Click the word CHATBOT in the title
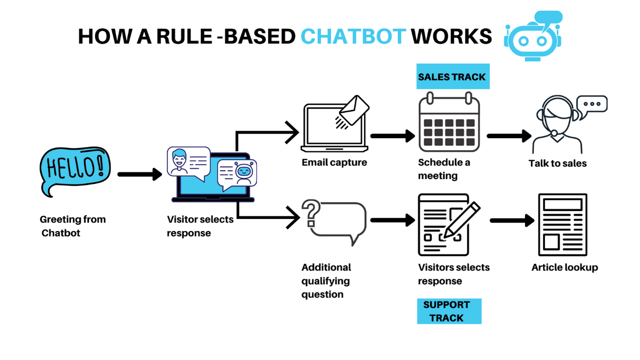[x=353, y=36]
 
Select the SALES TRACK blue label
[x=452, y=77]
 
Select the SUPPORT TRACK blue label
[x=448, y=311]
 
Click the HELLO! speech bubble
[x=75, y=170]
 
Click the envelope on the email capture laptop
[x=354, y=110]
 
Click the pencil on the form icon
[x=461, y=219]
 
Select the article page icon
[x=562, y=225]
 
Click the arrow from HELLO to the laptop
[x=139, y=174]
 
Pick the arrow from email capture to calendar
[x=393, y=136]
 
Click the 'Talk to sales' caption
[x=557, y=163]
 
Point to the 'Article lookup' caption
[x=564, y=267]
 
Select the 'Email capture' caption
[x=334, y=162]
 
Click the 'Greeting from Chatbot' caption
[x=72, y=226]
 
